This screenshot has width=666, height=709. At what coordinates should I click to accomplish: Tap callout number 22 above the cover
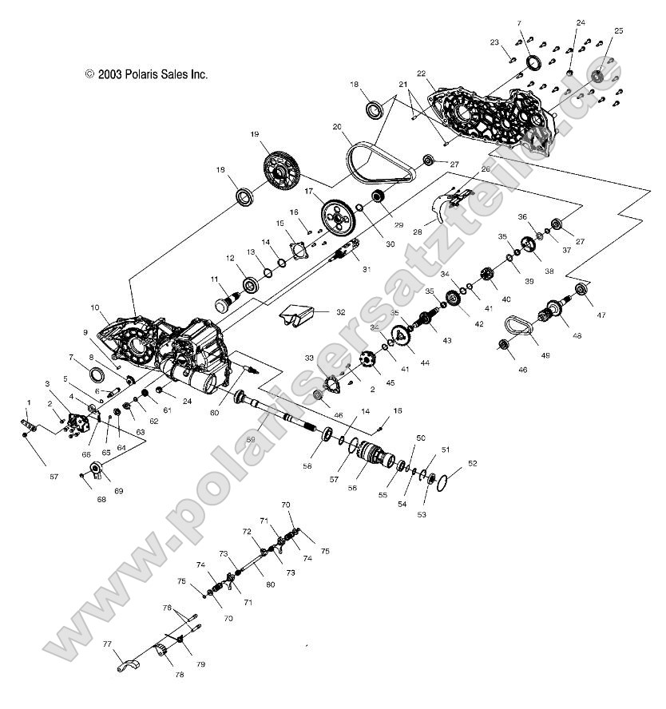(x=422, y=75)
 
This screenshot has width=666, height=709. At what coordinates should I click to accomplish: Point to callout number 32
(x=341, y=312)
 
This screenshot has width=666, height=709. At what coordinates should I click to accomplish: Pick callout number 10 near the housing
(x=94, y=307)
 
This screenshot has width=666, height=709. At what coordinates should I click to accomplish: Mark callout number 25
(x=618, y=31)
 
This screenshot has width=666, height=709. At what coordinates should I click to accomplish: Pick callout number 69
(x=119, y=491)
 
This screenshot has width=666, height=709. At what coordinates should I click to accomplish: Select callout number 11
(x=214, y=279)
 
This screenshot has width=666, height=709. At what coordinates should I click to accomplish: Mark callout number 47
(x=601, y=315)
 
